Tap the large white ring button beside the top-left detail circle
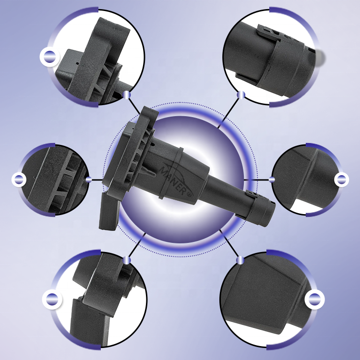[49, 57]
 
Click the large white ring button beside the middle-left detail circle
[19, 180]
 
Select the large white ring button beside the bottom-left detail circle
[52, 299]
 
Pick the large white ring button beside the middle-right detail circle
[341, 180]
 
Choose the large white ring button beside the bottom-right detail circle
[314, 299]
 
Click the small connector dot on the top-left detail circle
[127, 95]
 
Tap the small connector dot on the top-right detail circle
[241, 95]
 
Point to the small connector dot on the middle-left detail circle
[89, 180]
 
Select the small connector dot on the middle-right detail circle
[272, 180]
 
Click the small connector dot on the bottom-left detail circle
[127, 260]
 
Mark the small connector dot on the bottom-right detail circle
[240, 260]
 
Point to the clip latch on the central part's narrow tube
[252, 194]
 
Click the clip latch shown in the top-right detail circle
[269, 32]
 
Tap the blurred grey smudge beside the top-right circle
[319, 57]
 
